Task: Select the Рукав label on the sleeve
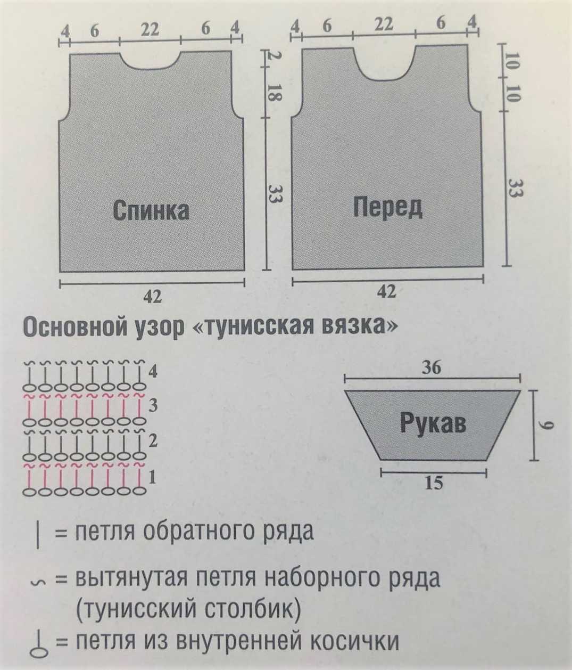[x=433, y=424]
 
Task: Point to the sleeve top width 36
[x=433, y=368]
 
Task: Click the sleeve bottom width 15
[x=434, y=483]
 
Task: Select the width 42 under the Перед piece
[x=387, y=292]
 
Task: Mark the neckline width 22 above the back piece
[x=150, y=30]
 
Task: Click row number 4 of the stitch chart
[x=153, y=372]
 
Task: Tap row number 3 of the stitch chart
[x=153, y=406]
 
